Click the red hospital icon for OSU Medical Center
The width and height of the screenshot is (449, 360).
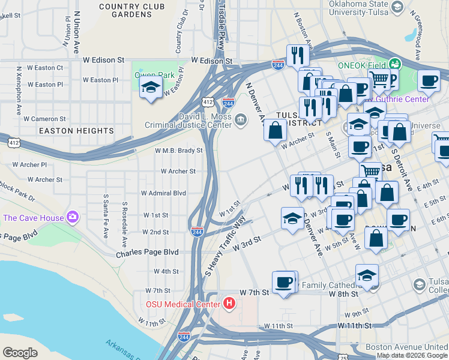pos(229,304)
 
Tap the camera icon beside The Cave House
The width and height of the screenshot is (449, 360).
pos(73,217)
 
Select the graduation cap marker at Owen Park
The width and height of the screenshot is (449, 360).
pos(150,89)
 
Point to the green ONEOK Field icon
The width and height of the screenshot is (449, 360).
pos(394,63)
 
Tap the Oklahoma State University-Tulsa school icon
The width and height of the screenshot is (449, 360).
pos(396,7)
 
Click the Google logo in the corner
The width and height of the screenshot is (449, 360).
pos(20,353)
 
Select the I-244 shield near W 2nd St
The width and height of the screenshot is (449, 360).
pos(196,231)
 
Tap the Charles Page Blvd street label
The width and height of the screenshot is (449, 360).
pos(147,253)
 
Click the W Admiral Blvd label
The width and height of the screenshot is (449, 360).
pos(163,193)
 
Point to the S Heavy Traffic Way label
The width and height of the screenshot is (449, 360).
pos(225,246)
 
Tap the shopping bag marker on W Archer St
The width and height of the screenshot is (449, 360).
pos(275,130)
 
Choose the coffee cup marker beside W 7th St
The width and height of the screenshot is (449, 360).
pos(283,281)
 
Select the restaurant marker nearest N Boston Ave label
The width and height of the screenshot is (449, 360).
pos(298,56)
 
